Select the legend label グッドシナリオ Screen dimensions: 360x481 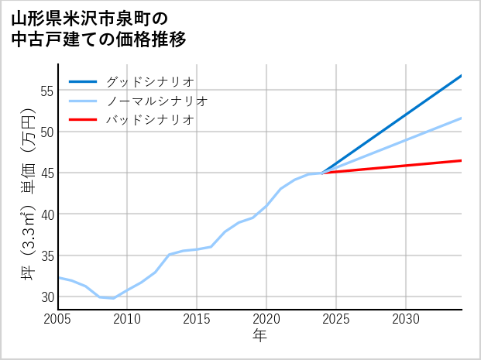point(149,81)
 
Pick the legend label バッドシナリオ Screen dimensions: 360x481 point(149,120)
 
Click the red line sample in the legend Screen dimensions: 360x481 point(83,120)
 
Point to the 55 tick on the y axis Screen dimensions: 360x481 point(46,91)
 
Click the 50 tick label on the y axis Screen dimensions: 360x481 point(46,132)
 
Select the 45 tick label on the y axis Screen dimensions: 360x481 point(46,173)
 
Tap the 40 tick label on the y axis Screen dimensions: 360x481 point(46,214)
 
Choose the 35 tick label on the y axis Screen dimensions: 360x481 point(46,255)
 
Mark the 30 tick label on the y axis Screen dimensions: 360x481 point(46,297)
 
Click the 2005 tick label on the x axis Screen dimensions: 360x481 point(57,319)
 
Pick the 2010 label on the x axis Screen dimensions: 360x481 point(127,319)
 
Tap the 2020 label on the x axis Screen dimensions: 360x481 point(266,319)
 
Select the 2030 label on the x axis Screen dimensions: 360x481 point(406,319)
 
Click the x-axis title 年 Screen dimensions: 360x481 point(259,336)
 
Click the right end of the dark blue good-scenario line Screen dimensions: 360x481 point(461,76)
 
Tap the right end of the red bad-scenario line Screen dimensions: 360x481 point(461,160)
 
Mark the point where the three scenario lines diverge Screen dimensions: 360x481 point(322,173)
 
